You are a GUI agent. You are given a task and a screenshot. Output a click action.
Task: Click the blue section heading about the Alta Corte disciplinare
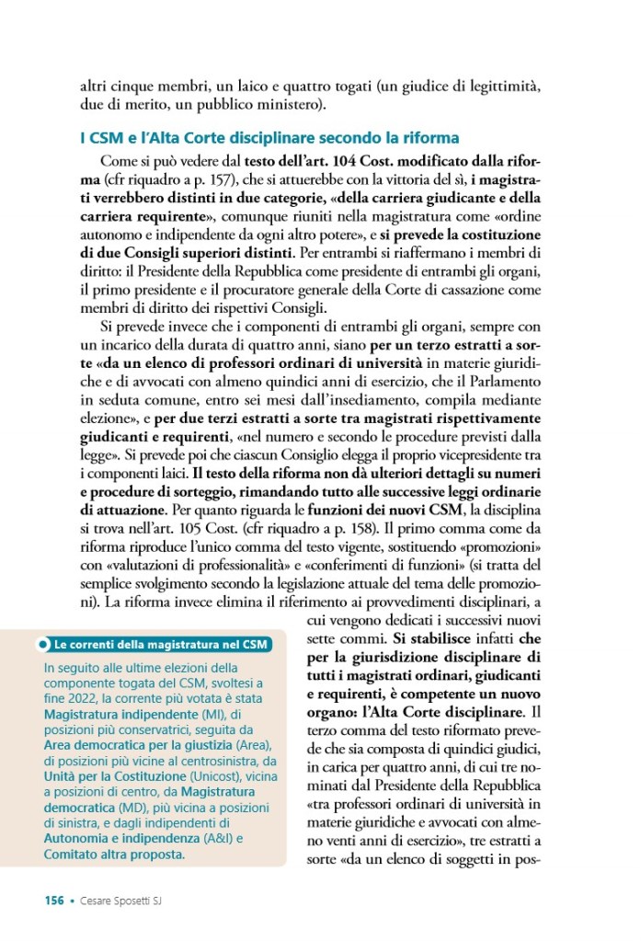[x=269, y=139]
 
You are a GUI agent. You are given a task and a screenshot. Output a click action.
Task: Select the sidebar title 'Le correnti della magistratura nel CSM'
[x=160, y=644]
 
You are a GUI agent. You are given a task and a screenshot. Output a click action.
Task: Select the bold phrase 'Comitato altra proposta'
[x=112, y=855]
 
